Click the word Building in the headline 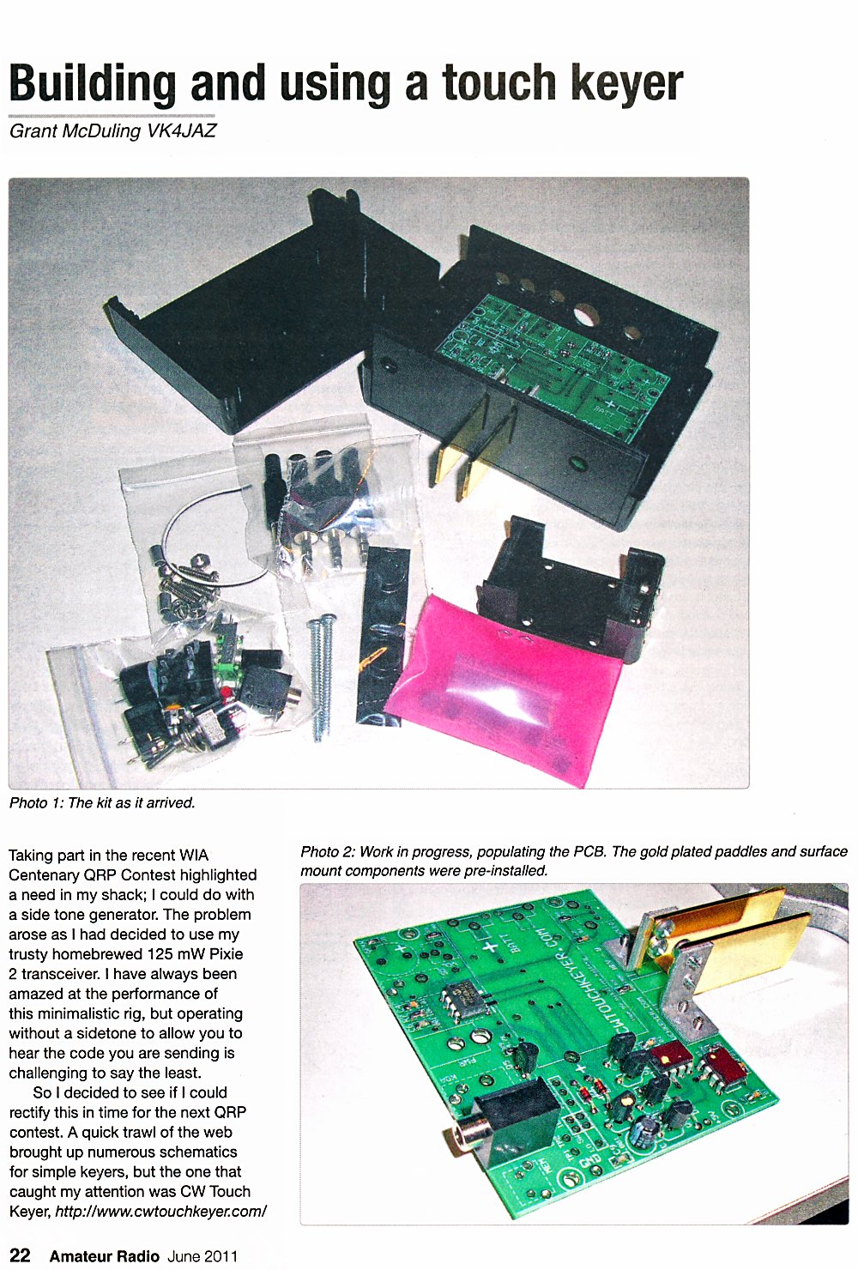point(93,84)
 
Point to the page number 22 point(20,1255)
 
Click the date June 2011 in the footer point(202,1255)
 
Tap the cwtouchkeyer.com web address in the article point(161,1211)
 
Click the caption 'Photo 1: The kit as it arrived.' point(102,802)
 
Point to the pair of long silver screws point(321,678)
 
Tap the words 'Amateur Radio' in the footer point(105,1255)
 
